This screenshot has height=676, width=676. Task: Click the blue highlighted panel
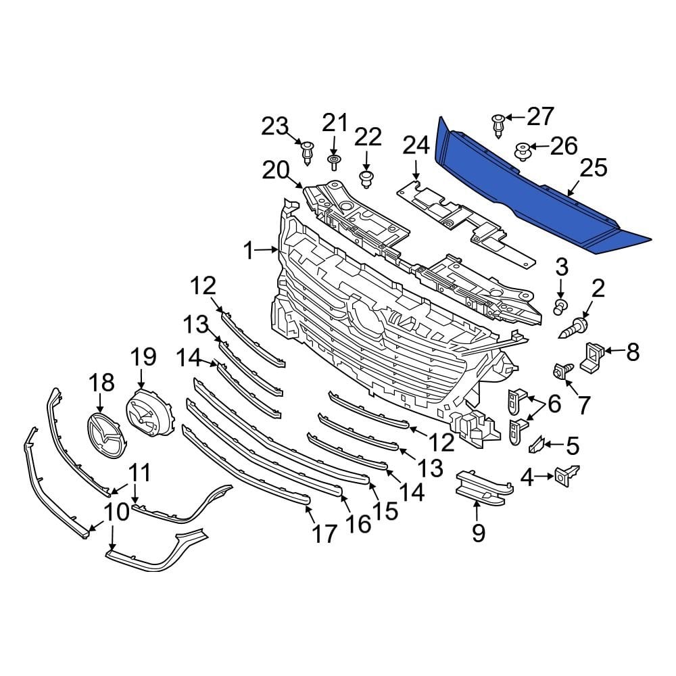(x=534, y=189)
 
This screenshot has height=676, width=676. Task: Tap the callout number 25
(x=593, y=168)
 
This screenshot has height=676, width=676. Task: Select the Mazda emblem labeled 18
(x=104, y=435)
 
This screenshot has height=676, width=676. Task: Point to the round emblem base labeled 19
(x=147, y=412)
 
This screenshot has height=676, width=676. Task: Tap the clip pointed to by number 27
(x=498, y=126)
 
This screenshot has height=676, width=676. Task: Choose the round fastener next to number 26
(x=522, y=150)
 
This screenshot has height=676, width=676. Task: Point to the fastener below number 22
(x=366, y=178)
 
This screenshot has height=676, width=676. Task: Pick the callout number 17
(x=324, y=534)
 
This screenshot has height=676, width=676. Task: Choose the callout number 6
(x=554, y=404)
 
